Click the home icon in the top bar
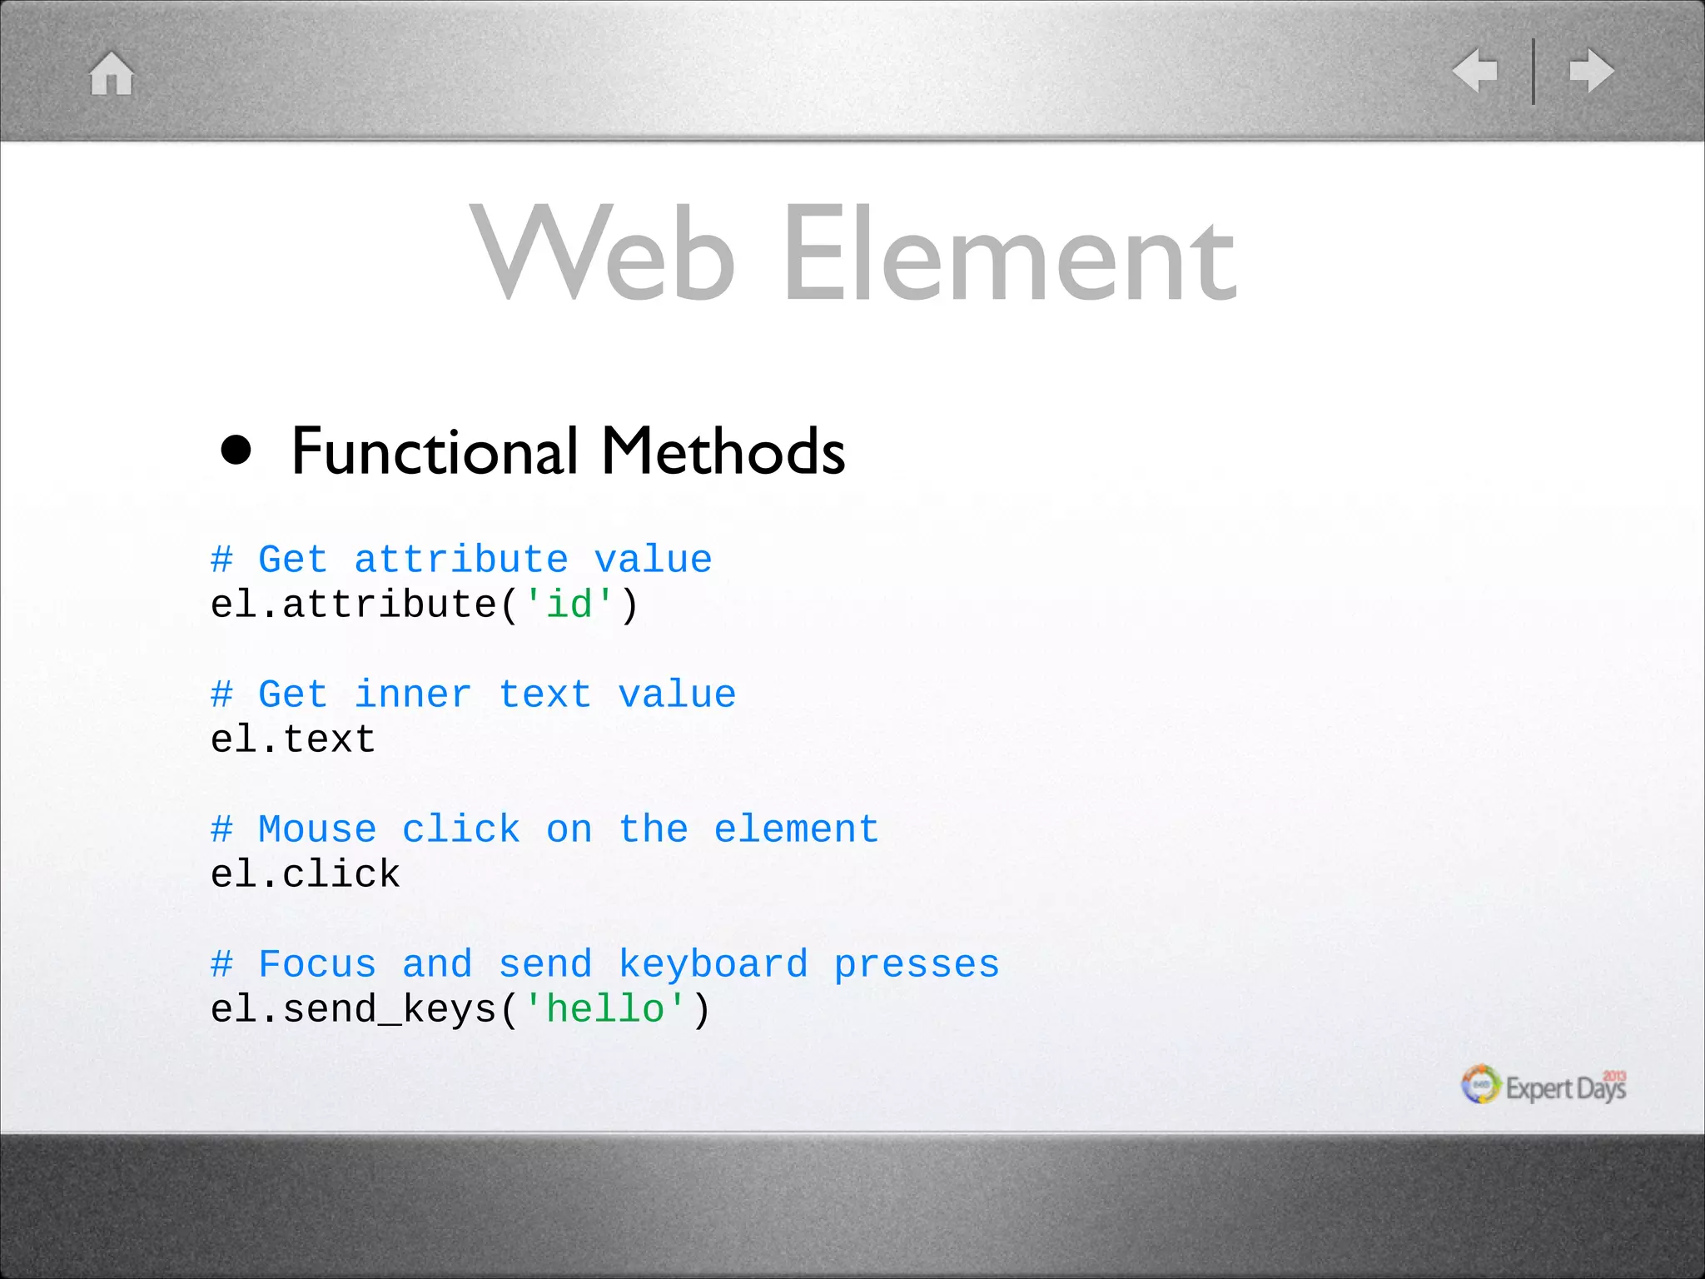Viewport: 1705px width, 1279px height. click(112, 73)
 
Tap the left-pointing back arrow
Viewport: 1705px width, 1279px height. click(1475, 71)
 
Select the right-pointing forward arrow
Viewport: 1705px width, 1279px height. click(1592, 71)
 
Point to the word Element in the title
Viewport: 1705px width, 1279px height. click(1009, 254)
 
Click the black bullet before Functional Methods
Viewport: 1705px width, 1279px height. click(236, 450)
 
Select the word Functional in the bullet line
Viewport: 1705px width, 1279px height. click(435, 450)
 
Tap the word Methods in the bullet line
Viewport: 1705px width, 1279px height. click(723, 450)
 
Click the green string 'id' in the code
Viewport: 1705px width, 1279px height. click(569, 604)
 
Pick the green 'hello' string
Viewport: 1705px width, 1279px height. click(605, 1008)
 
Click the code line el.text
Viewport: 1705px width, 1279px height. click(293, 739)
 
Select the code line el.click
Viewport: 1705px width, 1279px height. click(306, 873)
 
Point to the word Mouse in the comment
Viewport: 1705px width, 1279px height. click(317, 829)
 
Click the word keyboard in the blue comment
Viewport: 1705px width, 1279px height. click(713, 963)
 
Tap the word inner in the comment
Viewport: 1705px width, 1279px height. click(413, 694)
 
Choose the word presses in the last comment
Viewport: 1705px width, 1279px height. click(917, 965)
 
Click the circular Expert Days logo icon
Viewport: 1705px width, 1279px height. click(1480, 1084)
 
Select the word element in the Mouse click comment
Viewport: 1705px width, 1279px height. click(797, 829)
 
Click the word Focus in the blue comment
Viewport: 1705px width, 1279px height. click(317, 963)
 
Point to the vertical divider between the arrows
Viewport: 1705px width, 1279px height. click(1534, 71)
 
